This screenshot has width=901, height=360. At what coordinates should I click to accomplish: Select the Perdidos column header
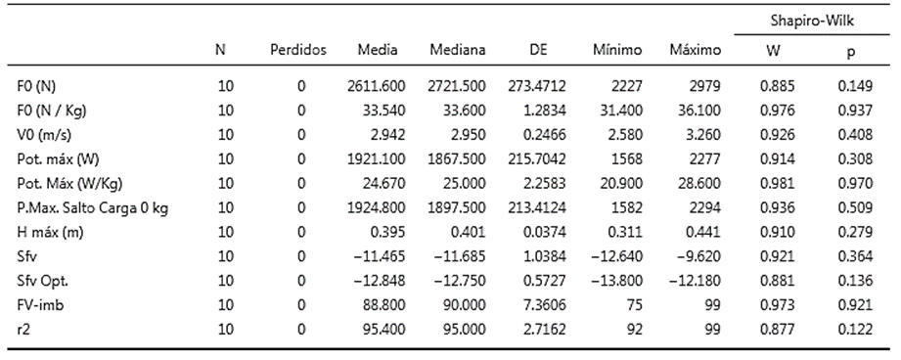coord(298,50)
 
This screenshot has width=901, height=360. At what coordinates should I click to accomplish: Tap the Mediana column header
coord(458,50)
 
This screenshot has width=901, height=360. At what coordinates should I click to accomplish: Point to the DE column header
coord(538,50)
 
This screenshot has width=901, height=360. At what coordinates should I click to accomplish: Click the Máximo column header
coord(696,50)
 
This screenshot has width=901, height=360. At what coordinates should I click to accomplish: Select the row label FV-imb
coord(40,305)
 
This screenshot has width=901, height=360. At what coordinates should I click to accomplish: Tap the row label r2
coord(23,330)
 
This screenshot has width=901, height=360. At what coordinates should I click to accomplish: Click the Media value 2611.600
coord(377,86)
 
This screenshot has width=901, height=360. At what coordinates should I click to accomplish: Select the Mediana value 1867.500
coord(457,159)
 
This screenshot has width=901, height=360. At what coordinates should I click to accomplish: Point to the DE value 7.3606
coord(546,305)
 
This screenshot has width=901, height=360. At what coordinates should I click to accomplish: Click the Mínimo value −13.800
coord(617,282)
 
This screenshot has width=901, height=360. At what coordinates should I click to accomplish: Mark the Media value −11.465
coord(381,256)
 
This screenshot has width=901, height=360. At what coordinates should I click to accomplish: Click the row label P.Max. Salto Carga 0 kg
coord(93,207)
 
